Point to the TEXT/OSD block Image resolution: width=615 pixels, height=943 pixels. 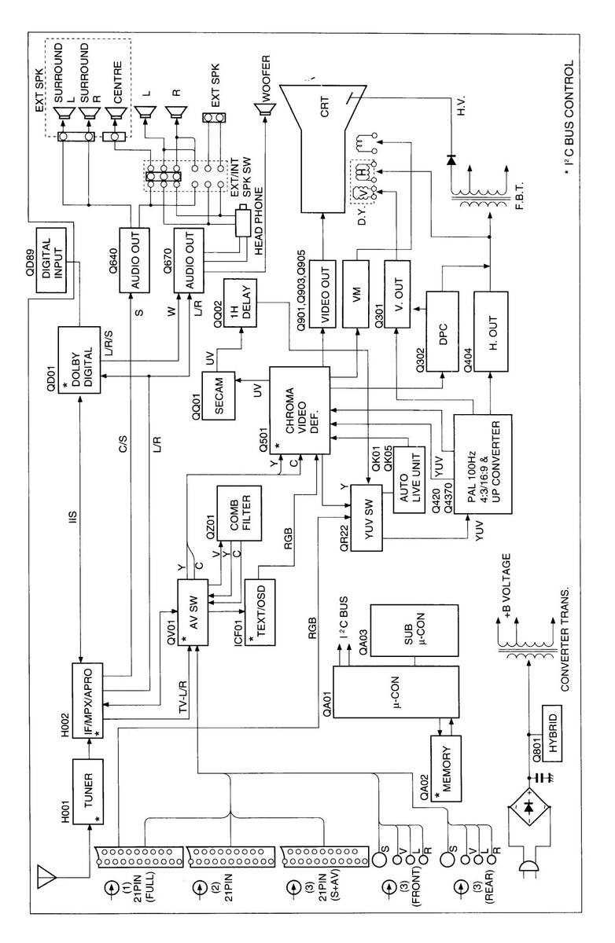pos(263,614)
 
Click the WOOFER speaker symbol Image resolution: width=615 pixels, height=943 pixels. pos(269,108)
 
